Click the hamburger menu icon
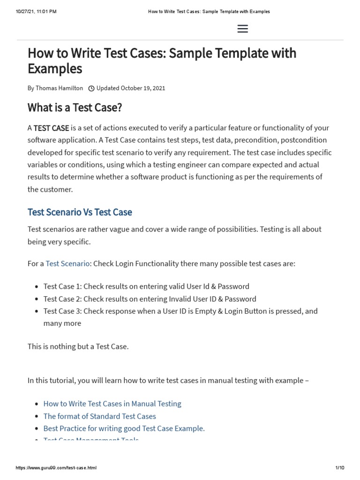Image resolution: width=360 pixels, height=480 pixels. pos(242,29)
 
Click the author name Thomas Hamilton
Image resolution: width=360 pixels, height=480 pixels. pos(59,88)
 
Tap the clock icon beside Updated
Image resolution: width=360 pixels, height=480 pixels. pos(91,88)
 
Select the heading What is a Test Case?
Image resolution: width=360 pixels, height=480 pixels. pos(75,107)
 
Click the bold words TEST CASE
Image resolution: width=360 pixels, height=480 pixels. pos(51,128)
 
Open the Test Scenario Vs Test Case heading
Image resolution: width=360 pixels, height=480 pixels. pos(80,212)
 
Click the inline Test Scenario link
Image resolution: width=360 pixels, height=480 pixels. pos(67,263)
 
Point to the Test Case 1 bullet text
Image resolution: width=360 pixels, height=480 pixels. pos(146,286)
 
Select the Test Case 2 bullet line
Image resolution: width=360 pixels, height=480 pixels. pos(150,299)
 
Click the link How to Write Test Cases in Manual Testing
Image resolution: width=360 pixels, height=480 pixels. pos(112,403)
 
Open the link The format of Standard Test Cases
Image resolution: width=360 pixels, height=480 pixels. pos(99,416)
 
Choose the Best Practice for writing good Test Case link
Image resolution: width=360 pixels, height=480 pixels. pos(124,428)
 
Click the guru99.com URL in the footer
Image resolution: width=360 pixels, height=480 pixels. pos(56,468)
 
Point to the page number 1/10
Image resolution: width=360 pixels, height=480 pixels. pos(340,468)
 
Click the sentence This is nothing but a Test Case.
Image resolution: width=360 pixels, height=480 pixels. pos(78,346)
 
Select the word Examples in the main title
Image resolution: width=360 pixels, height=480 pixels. pos(55,69)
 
